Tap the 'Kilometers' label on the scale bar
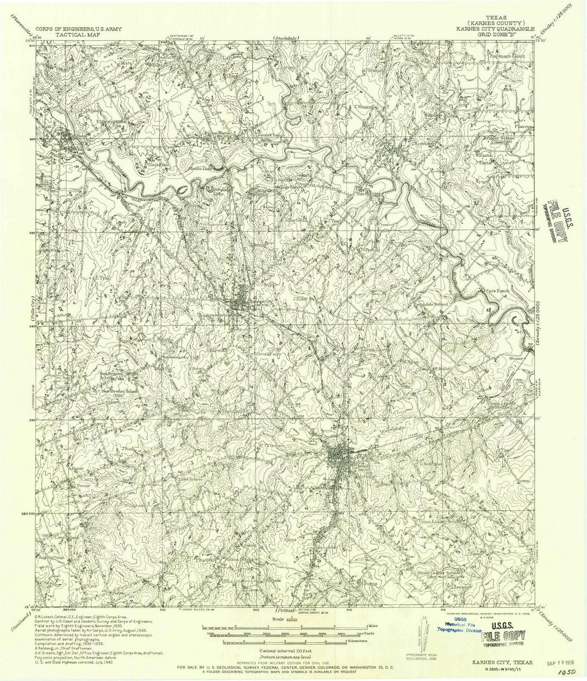[x=358, y=642]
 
